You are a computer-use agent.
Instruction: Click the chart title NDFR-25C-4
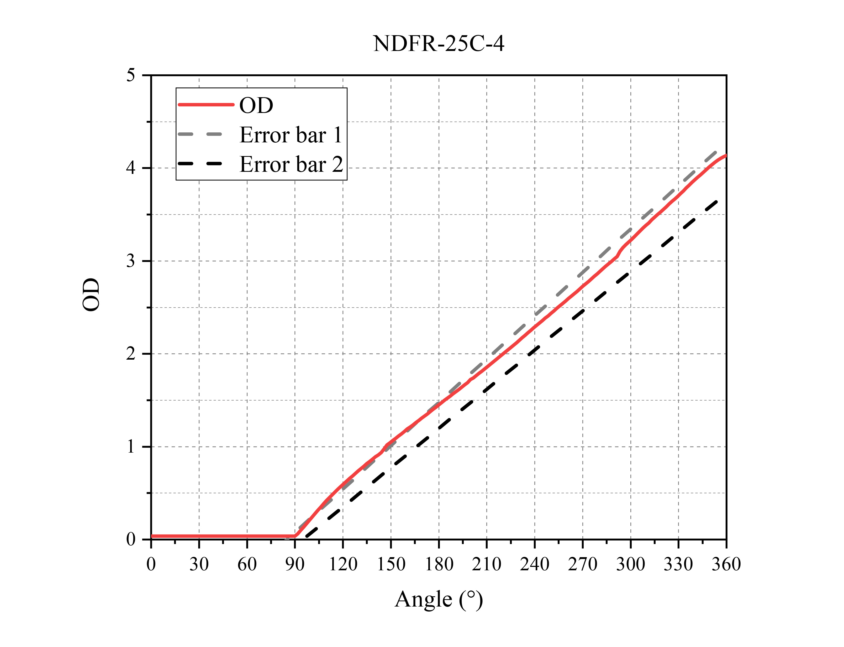click(x=438, y=44)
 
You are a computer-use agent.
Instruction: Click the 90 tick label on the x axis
click(x=295, y=565)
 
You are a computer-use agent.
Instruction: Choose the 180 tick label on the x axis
click(x=439, y=565)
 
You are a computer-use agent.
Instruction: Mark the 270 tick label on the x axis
click(x=582, y=565)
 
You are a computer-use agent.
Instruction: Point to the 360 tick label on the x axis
click(x=726, y=565)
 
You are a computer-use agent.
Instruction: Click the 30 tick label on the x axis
click(x=199, y=565)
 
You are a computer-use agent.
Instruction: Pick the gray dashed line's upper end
click(x=715, y=152)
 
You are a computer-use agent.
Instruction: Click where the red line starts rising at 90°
click(x=296, y=536)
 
